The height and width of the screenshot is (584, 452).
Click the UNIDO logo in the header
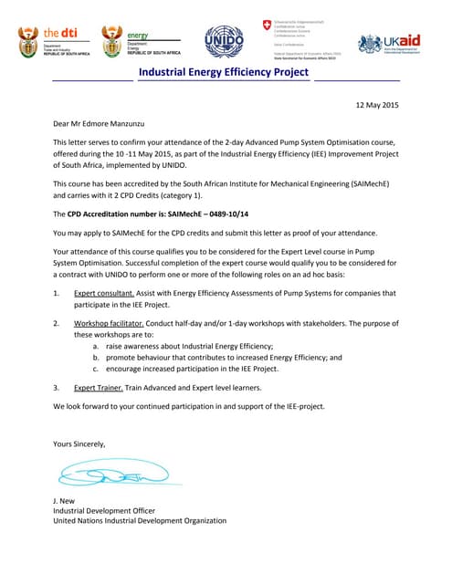(x=224, y=41)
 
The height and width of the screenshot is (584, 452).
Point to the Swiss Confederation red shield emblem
(x=267, y=25)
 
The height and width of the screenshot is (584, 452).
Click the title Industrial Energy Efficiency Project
(x=225, y=72)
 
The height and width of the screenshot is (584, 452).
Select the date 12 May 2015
(x=376, y=106)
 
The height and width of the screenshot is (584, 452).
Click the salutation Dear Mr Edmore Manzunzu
(x=99, y=123)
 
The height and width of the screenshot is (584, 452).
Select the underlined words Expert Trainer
(x=98, y=388)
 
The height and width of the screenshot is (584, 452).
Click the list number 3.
(x=56, y=388)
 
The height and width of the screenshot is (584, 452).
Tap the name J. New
(x=66, y=501)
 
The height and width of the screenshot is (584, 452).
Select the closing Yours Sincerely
(x=79, y=443)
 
